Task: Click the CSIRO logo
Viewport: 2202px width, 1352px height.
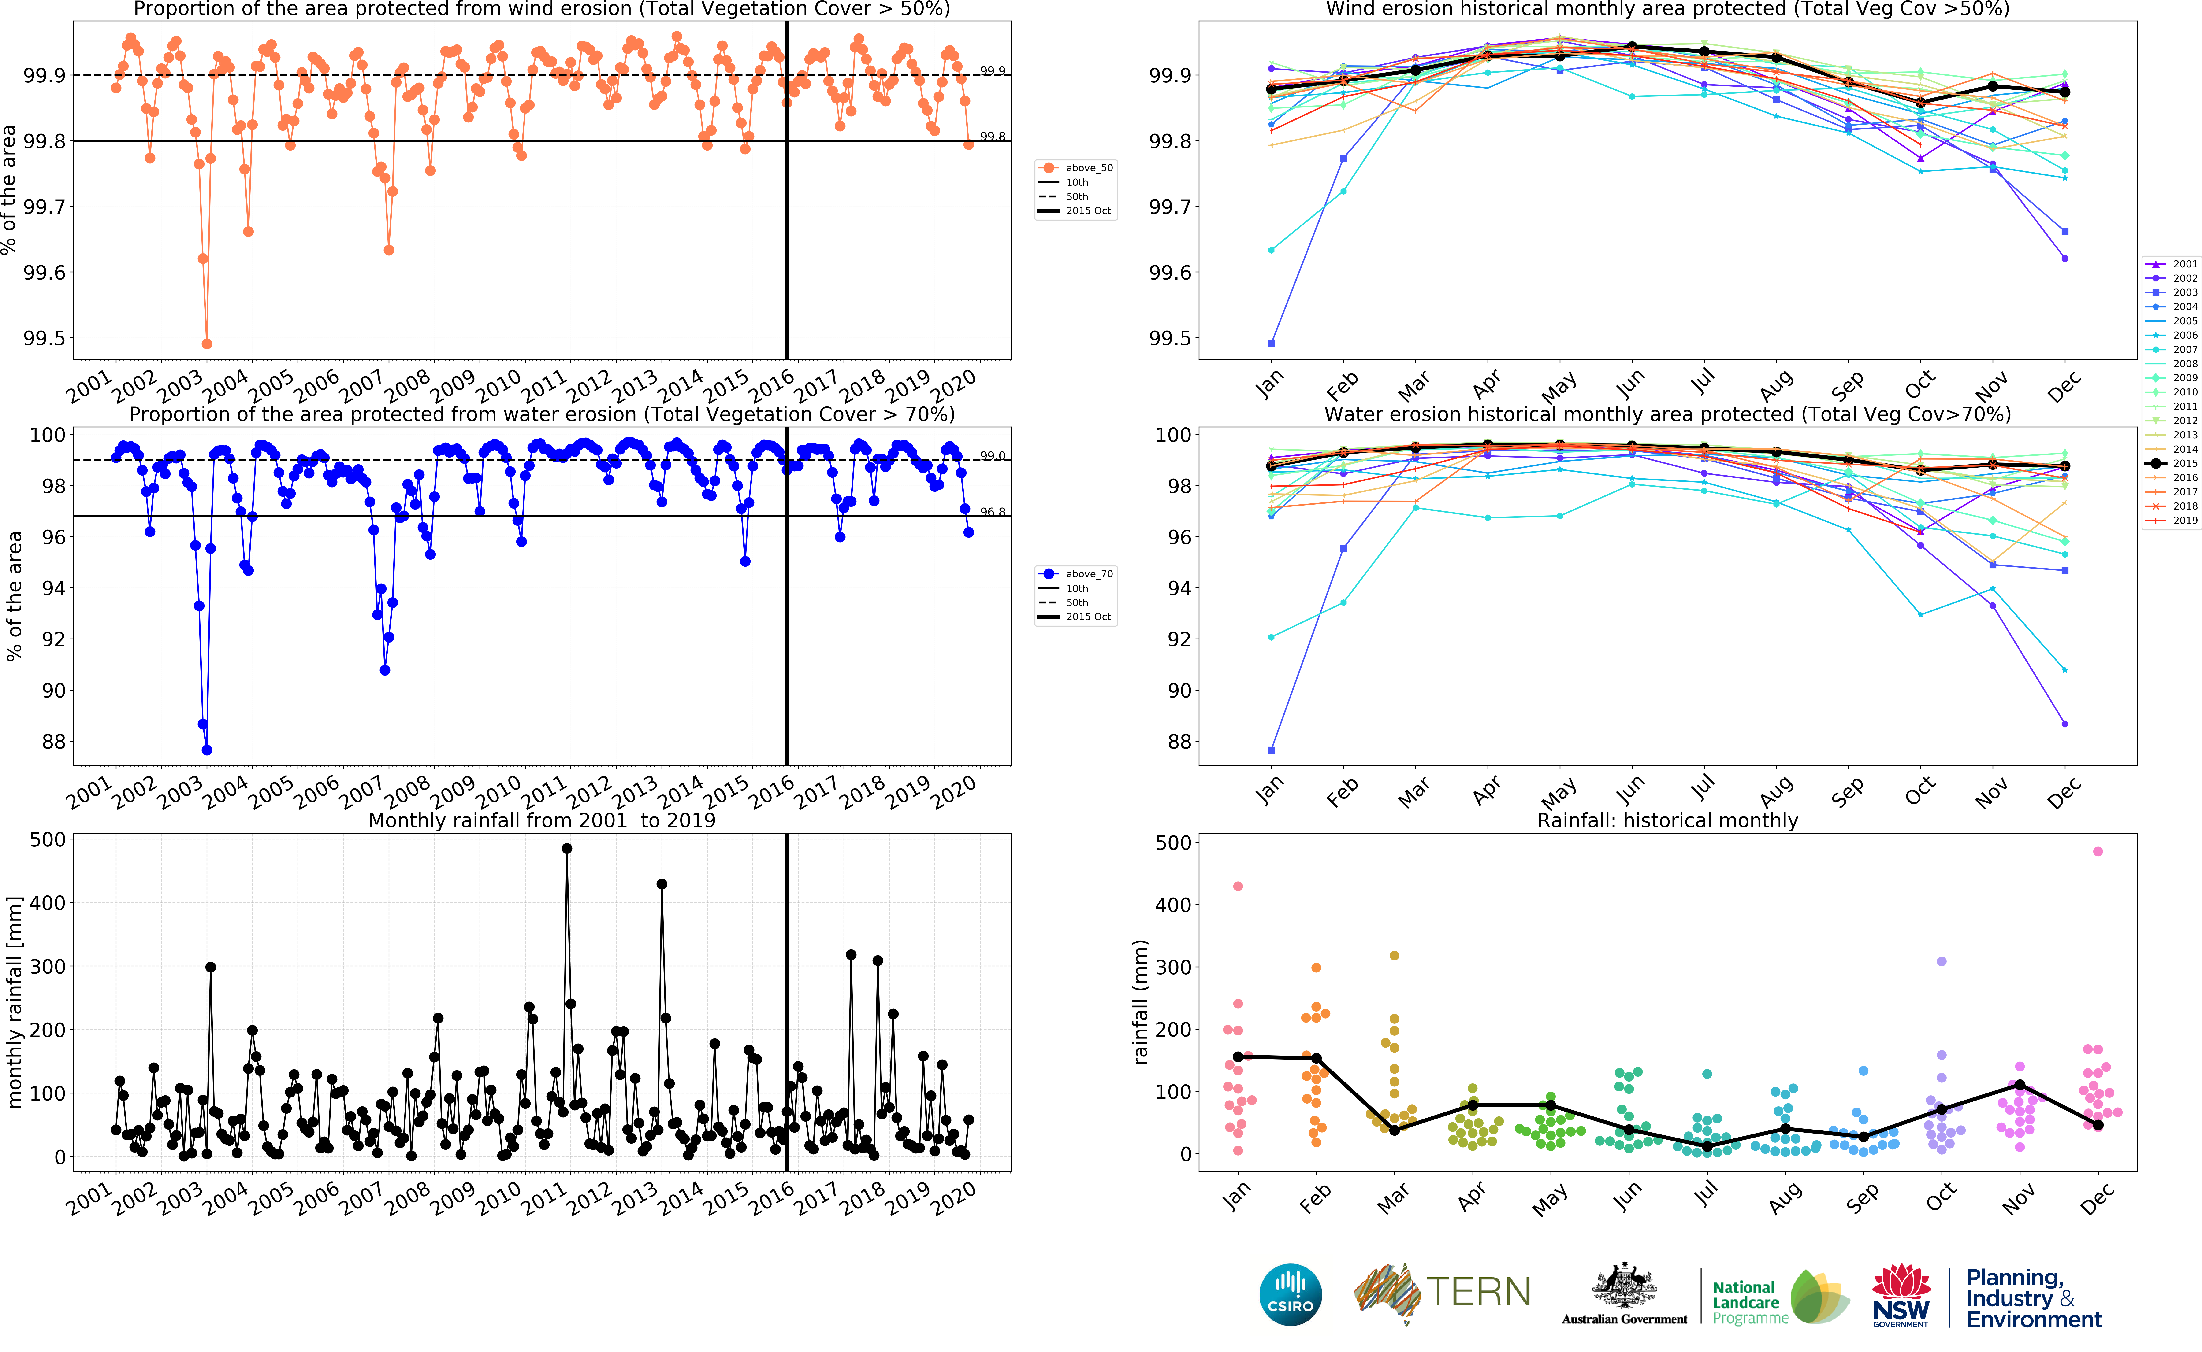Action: point(1290,1295)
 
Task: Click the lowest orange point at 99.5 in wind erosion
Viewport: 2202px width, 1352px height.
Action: point(207,343)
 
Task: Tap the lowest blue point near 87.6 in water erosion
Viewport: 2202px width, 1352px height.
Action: point(207,750)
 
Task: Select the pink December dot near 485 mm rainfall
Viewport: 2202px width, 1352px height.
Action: point(2098,851)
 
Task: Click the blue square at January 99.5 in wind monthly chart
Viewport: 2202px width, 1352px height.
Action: point(1271,343)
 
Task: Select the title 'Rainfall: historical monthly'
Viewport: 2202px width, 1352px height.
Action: point(1667,820)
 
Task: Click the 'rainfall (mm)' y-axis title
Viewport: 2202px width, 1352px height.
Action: point(1140,1001)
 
